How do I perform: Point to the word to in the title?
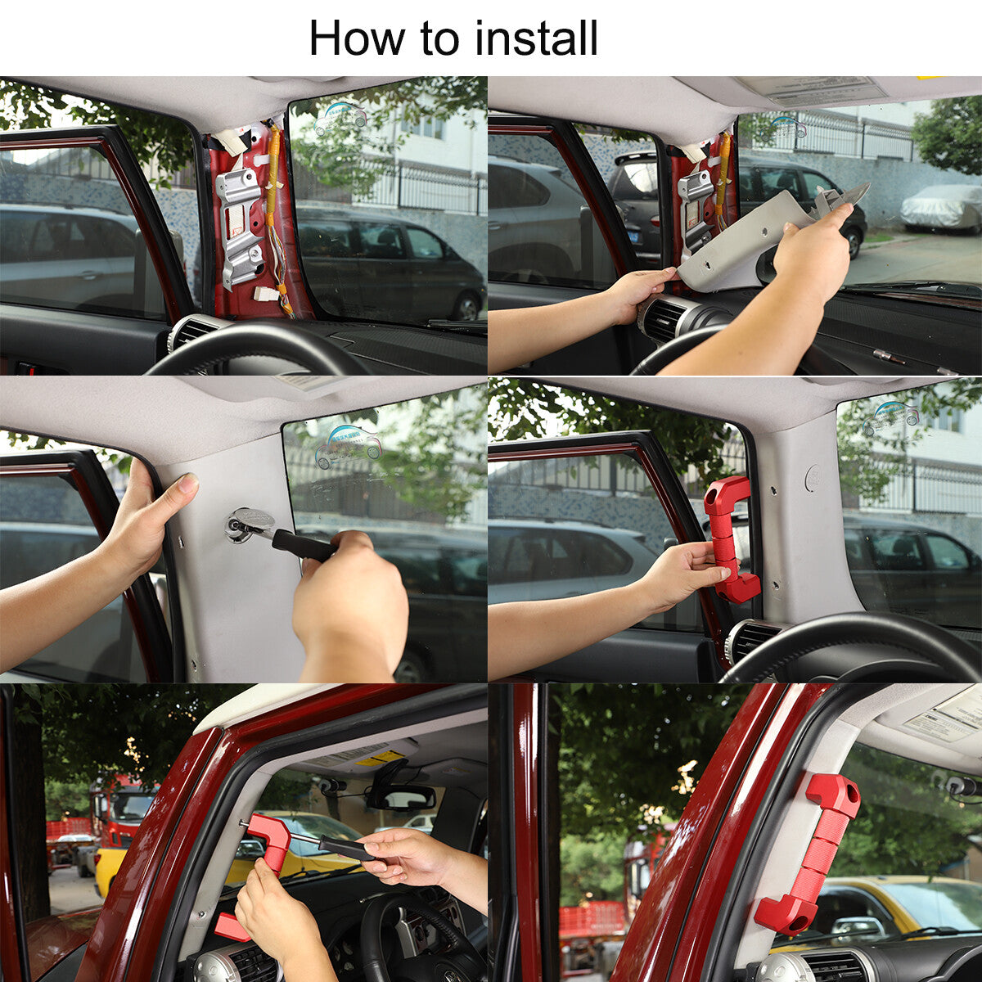[x=441, y=40]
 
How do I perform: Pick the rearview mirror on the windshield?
[x=403, y=799]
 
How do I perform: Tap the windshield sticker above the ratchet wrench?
[x=349, y=448]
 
